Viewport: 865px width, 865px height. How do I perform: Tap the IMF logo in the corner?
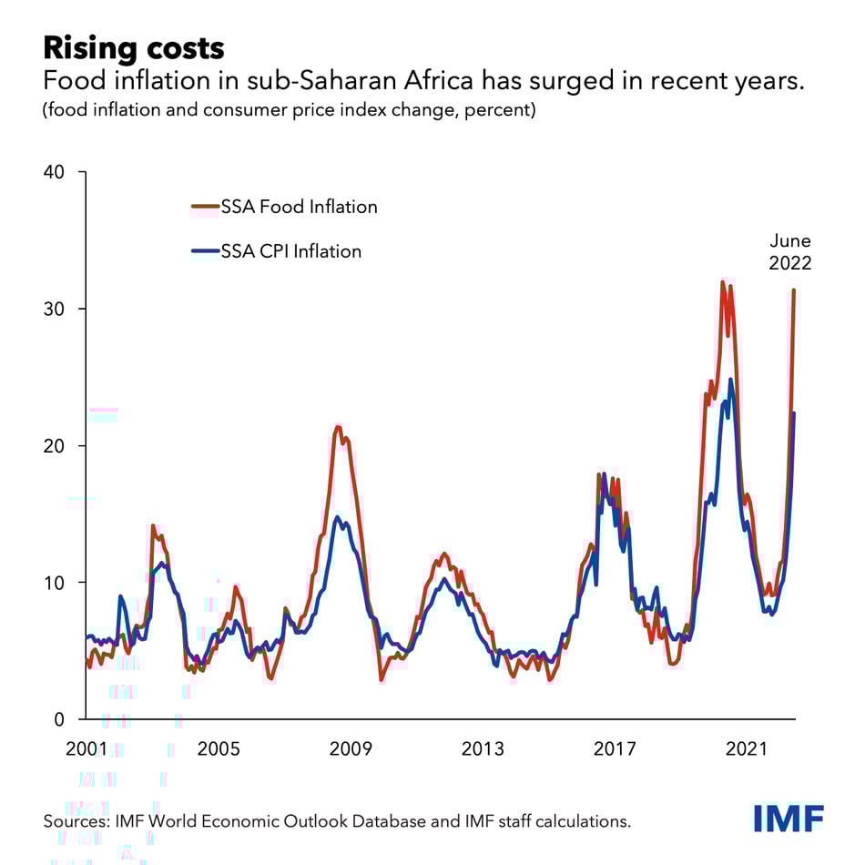pos(789,818)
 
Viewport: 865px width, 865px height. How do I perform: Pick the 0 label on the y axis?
pos(60,719)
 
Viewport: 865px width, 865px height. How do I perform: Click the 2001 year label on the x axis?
pos(86,749)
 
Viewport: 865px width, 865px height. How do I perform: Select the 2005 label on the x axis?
pos(219,749)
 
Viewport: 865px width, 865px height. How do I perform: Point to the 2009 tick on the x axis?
pos(351,749)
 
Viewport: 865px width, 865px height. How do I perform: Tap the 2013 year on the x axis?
pos(483,749)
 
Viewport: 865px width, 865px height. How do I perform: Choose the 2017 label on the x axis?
pos(615,749)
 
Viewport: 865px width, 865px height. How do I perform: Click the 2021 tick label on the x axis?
pos(747,749)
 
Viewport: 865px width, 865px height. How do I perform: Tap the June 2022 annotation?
pos(789,252)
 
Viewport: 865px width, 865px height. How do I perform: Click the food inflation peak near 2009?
pos(338,426)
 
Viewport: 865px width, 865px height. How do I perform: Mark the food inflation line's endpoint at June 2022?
pos(794,290)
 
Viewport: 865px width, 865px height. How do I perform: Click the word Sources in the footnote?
pos(76,821)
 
